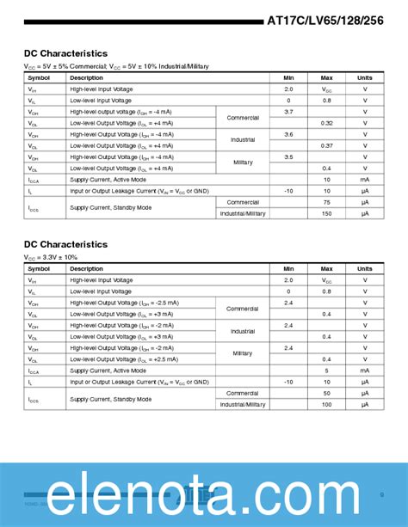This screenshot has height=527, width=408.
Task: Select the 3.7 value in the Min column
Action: point(288,112)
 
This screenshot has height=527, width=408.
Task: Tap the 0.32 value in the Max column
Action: point(327,123)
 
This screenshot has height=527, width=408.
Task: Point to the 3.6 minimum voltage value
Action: point(288,134)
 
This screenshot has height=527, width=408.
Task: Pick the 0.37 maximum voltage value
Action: point(327,145)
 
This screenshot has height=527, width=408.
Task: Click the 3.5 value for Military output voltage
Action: point(288,156)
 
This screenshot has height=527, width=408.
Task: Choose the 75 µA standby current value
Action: point(327,202)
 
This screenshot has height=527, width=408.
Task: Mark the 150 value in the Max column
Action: point(327,213)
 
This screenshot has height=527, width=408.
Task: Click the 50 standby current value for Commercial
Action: point(327,393)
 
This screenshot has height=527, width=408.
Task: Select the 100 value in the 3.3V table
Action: point(327,404)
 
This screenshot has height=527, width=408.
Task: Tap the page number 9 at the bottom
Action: point(381,494)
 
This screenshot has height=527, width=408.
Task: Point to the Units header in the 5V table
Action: point(365,77)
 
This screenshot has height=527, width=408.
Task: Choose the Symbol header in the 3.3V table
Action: point(40,268)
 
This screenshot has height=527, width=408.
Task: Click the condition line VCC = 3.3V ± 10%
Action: point(51,257)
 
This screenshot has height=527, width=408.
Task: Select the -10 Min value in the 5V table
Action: point(288,190)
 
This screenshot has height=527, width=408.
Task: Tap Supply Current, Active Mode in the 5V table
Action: point(108,179)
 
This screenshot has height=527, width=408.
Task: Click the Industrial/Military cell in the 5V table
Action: point(243,213)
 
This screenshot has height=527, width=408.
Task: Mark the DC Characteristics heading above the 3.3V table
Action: point(65,244)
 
